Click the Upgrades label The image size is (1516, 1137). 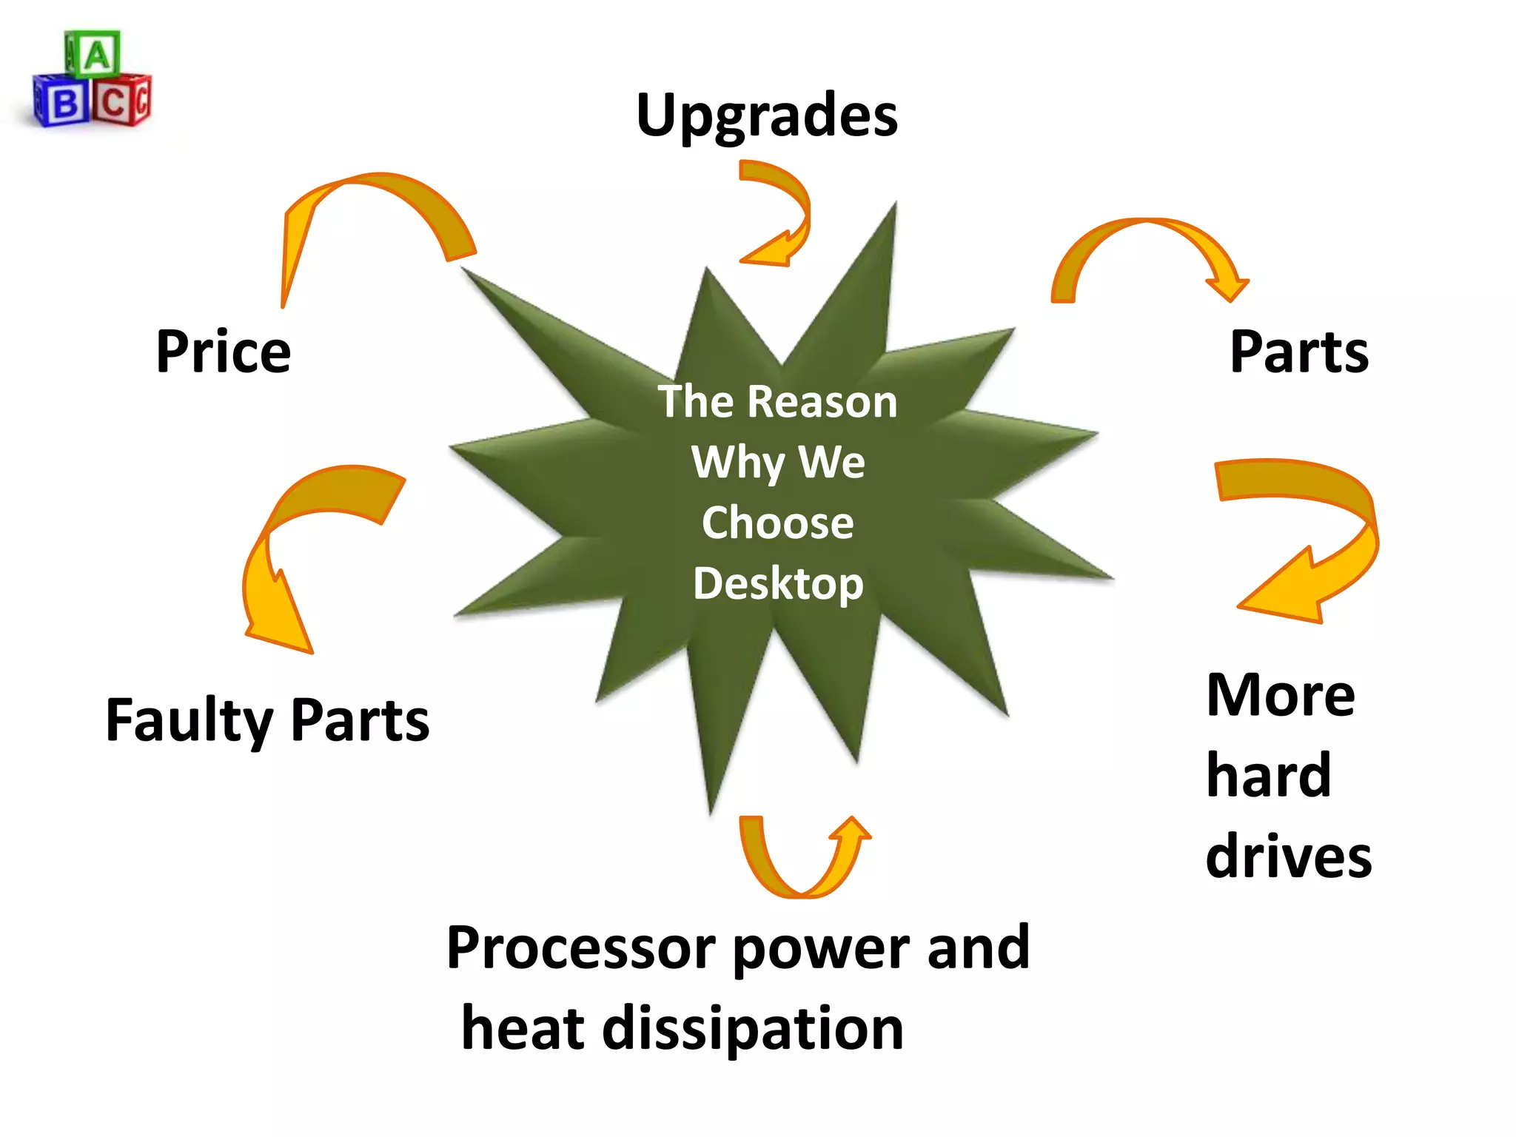coord(767,116)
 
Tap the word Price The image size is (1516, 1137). coord(224,352)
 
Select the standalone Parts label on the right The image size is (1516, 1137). coord(1299,352)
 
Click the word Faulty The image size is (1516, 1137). coord(189,720)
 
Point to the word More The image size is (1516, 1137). coord(1281,696)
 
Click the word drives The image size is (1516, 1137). coord(1289,856)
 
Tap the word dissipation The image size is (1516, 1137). coord(753,1030)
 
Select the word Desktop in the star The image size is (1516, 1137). coord(778,584)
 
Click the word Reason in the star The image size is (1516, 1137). coord(822,402)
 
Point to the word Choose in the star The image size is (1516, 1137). coord(777,523)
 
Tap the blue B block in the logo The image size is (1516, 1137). coord(63,102)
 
